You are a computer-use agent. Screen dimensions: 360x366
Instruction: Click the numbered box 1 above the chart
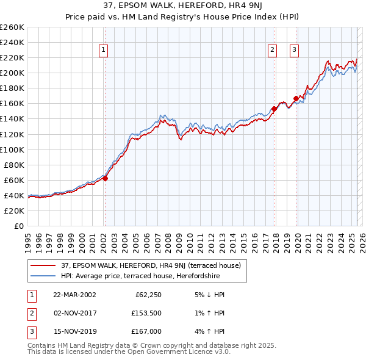tap(104, 51)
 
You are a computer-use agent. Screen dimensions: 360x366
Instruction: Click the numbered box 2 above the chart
tap(272, 51)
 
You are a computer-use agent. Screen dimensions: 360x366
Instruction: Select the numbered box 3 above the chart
tap(294, 51)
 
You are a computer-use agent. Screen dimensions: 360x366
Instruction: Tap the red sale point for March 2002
tap(105, 179)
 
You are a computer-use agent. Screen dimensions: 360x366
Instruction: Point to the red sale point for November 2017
tap(274, 109)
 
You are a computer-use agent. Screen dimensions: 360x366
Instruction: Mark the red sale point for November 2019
tap(296, 98)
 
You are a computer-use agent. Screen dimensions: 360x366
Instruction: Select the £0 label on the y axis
tap(18, 226)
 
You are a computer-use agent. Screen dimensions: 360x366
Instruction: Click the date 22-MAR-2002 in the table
tap(74, 295)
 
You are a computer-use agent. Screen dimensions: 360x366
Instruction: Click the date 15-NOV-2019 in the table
tap(74, 331)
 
